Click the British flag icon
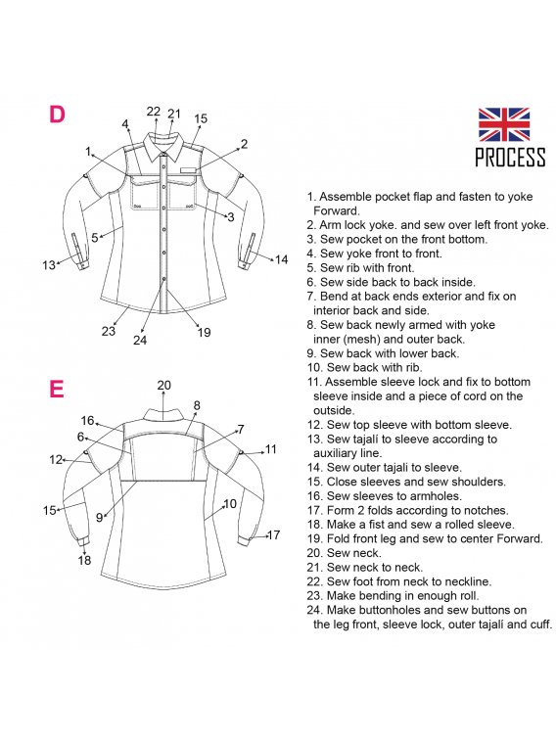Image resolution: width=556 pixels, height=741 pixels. (x=503, y=123)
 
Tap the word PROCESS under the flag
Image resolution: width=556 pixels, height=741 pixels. (x=510, y=157)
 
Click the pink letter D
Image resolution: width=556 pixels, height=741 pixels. (x=57, y=114)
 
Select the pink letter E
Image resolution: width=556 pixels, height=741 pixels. (x=56, y=389)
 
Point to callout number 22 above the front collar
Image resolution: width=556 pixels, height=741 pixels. (x=154, y=111)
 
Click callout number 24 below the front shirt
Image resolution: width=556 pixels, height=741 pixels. (x=140, y=340)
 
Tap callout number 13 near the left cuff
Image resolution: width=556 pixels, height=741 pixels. (x=49, y=265)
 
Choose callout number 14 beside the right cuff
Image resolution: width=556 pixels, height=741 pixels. (x=282, y=259)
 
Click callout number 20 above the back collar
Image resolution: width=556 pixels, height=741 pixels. (x=163, y=385)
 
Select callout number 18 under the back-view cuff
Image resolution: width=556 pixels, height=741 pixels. (x=84, y=560)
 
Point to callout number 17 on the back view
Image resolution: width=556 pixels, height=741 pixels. (x=273, y=535)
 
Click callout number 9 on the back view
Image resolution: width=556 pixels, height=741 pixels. (x=99, y=518)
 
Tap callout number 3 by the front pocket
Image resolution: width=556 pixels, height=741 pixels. (x=231, y=217)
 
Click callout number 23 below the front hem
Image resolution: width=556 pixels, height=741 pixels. (x=109, y=331)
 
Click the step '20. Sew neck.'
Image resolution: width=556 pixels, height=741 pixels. (x=344, y=553)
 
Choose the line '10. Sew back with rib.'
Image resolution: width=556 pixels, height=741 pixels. (x=364, y=367)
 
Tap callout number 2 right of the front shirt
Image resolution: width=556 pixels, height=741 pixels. (x=244, y=144)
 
